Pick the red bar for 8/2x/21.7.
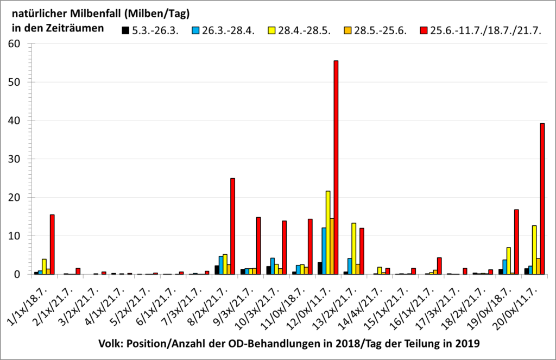pos(233,226)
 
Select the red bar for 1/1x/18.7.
pos(52,244)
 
